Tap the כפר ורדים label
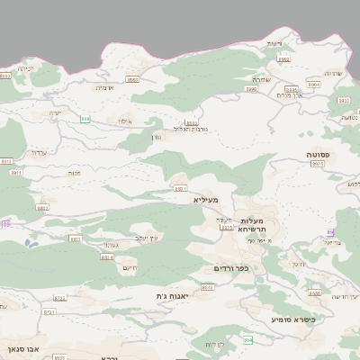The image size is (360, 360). pyautogui.click(x=230, y=268)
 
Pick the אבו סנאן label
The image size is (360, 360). pyautogui.click(x=19, y=346)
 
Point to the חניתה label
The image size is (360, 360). pyautogui.click(x=25, y=67)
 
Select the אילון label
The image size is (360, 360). pyautogui.click(x=124, y=121)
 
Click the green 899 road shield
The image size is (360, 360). pyautogui.click(x=85, y=118)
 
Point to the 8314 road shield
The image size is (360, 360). pyautogui.click(x=106, y=256)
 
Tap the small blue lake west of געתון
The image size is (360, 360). pyautogui.click(x=31, y=242)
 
